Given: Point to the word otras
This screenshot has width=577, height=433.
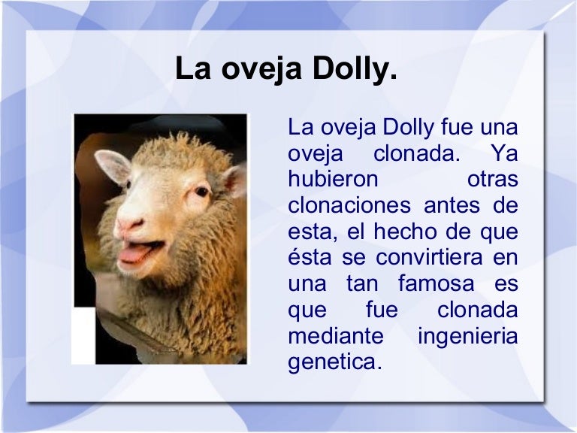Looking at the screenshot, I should point(493,180).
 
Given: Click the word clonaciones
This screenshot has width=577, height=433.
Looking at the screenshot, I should point(349,206).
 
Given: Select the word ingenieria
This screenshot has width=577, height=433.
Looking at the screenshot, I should point(467,336).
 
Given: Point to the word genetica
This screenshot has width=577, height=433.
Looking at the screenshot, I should point(335,362).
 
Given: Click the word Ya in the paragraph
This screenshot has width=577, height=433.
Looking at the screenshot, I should point(503,154).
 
